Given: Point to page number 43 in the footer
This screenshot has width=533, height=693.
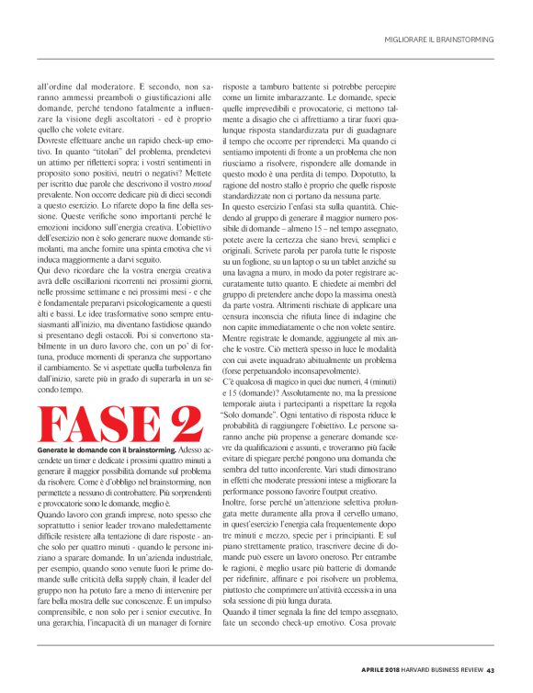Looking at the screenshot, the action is coord(491,669).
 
